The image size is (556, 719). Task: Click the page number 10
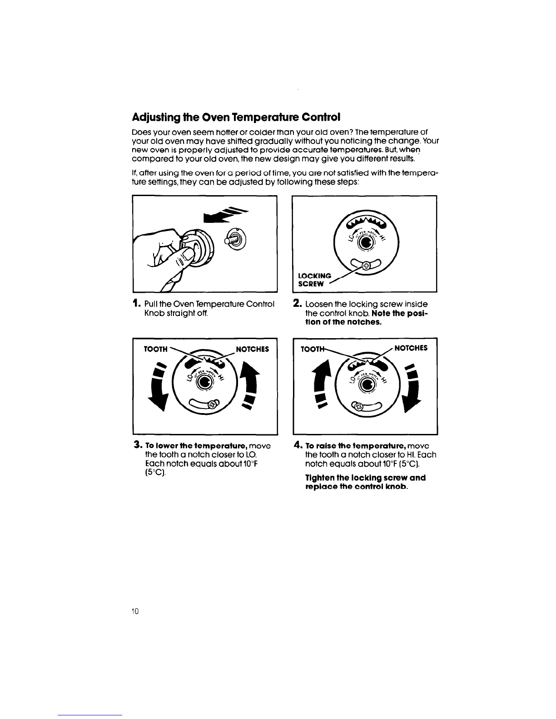(135, 611)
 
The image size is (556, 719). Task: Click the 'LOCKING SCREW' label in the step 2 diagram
(314, 280)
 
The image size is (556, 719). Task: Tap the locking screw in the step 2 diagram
(366, 266)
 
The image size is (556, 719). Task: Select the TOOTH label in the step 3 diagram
(155, 349)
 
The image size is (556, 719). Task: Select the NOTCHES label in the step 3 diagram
(252, 349)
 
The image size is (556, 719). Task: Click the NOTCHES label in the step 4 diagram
(411, 348)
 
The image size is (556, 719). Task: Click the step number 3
(137, 445)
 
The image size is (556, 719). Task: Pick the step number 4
(298, 445)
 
